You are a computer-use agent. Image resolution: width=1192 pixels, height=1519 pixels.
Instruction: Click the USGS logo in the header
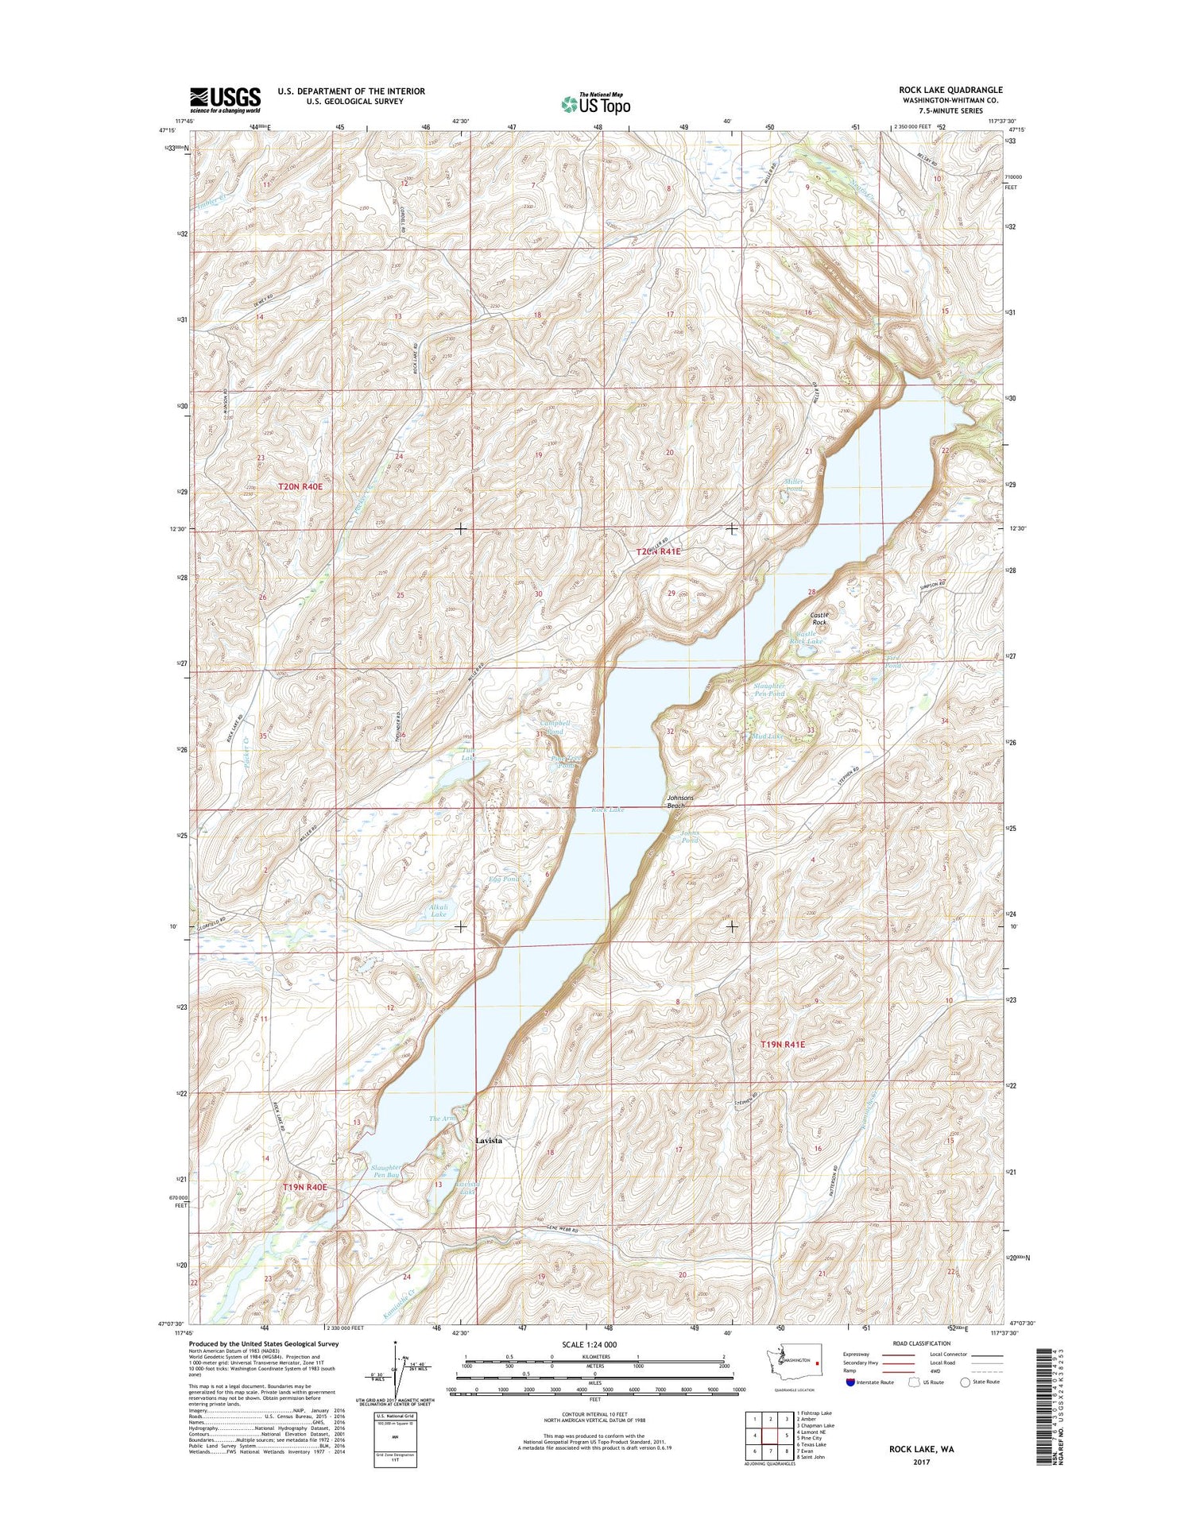225,97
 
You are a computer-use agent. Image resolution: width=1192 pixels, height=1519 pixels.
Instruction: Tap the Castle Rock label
819,618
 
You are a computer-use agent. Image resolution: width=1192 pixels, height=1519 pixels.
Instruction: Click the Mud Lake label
768,736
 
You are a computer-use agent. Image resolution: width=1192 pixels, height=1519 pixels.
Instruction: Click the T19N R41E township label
782,1045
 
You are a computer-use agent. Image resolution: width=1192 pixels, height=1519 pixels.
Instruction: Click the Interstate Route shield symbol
850,1382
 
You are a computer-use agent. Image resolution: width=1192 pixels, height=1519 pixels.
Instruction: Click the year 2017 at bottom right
922,1462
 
